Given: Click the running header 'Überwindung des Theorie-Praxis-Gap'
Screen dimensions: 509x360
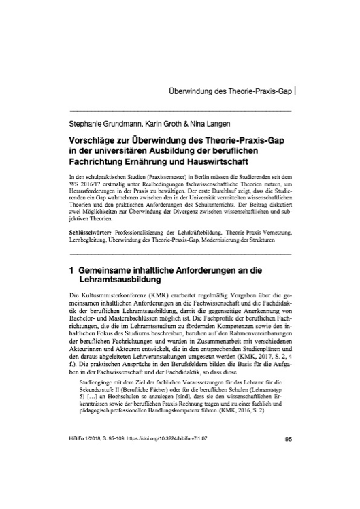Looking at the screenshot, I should point(231,90).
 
